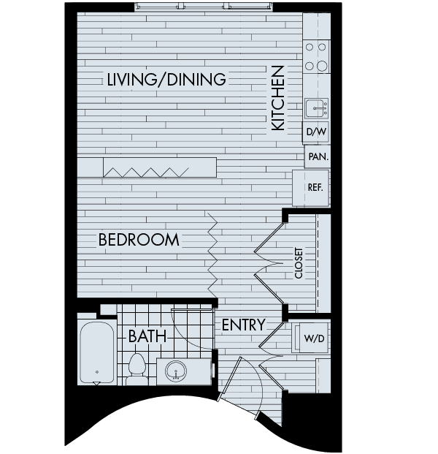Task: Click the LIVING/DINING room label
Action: tap(166, 80)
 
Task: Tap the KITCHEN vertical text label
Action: tap(278, 98)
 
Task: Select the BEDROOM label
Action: tap(139, 239)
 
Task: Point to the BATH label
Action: tap(147, 336)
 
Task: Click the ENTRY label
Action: tap(244, 325)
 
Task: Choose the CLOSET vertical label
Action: tap(299, 262)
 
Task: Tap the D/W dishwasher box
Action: tap(315, 132)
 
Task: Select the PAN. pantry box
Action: tap(317, 156)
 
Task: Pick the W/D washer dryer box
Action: tap(313, 338)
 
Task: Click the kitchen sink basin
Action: tap(317, 109)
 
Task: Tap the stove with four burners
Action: tap(316, 56)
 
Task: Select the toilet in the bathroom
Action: tap(137, 369)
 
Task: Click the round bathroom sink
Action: tap(176, 371)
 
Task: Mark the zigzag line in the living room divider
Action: tap(146, 171)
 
